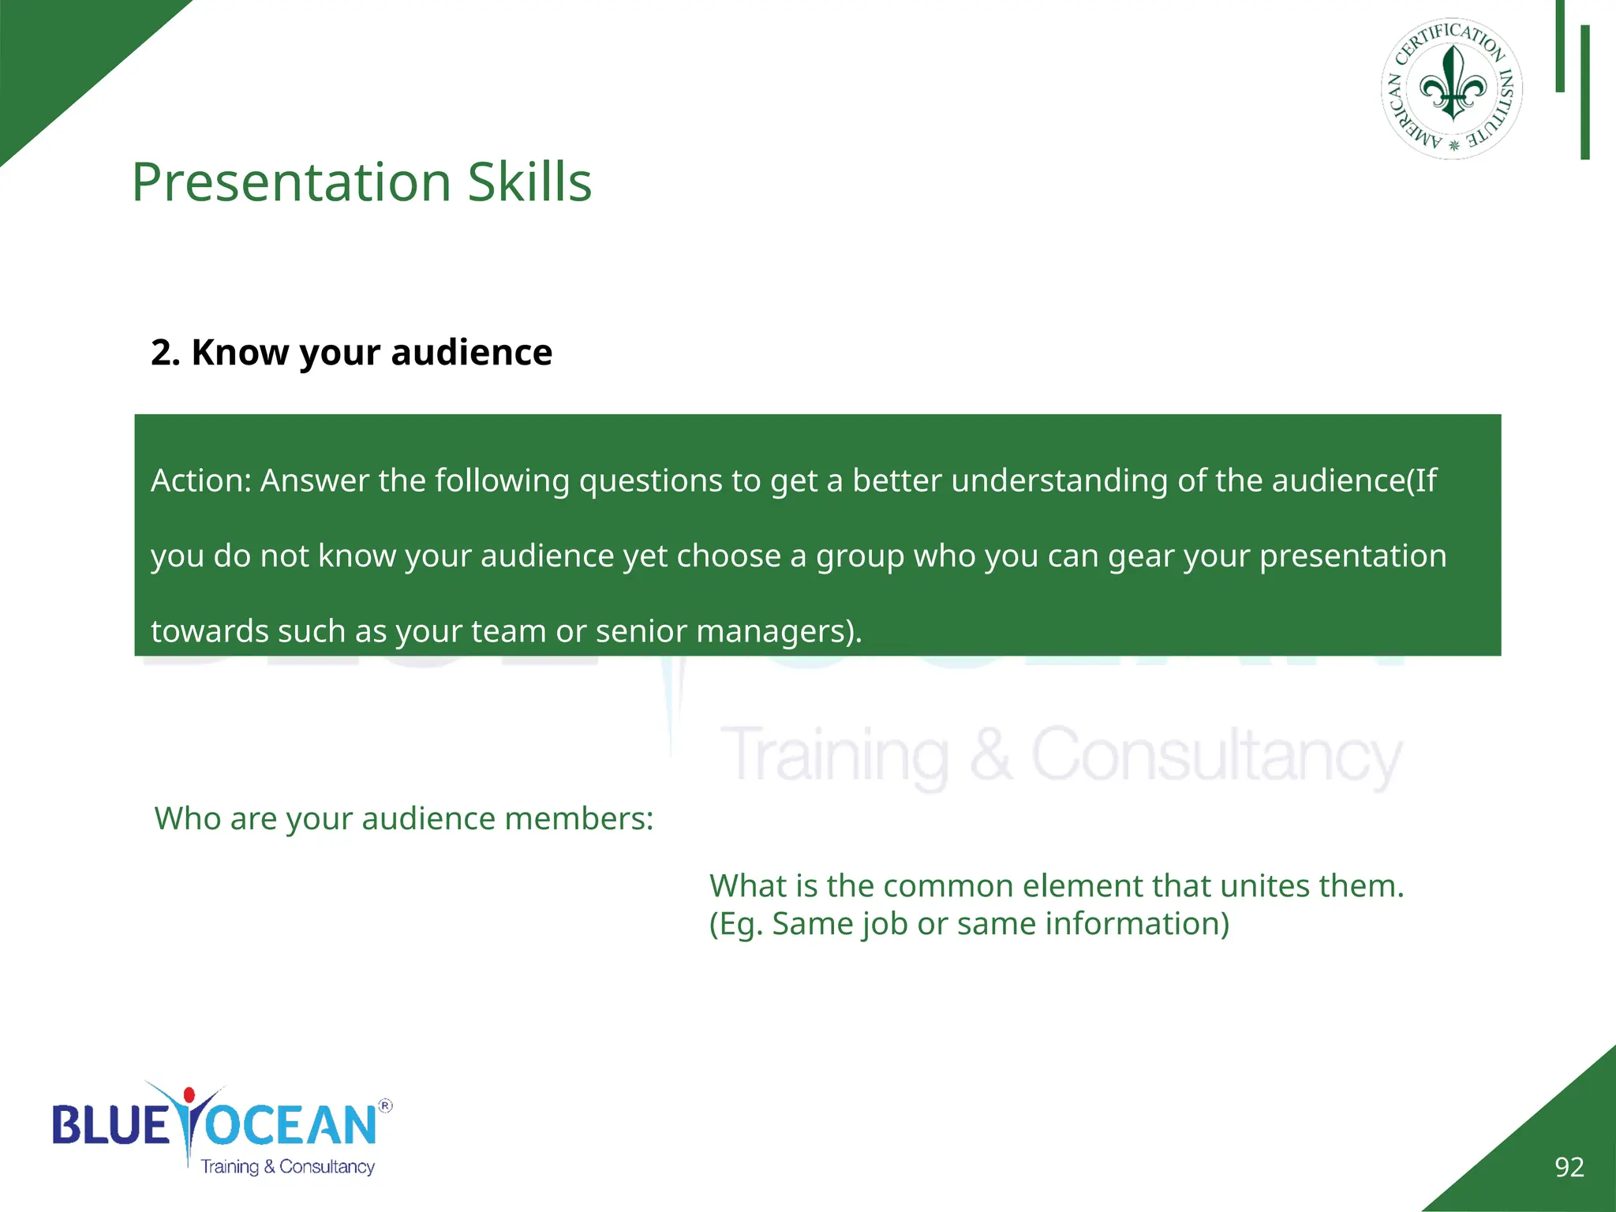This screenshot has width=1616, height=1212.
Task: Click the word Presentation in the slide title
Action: tap(291, 182)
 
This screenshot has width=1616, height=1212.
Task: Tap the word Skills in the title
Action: tap(529, 182)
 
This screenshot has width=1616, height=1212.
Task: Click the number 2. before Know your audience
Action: tap(166, 353)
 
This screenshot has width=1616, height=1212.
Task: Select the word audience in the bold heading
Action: tap(471, 353)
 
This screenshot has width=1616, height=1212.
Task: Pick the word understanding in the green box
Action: tap(1059, 481)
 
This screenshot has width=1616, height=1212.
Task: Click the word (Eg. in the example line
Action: tap(736, 924)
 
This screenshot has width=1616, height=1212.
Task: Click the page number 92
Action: tap(1569, 1167)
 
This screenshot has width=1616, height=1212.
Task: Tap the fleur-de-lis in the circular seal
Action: tap(1452, 84)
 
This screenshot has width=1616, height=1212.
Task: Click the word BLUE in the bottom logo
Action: tap(111, 1125)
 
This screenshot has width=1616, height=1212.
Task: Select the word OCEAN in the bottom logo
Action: tap(292, 1125)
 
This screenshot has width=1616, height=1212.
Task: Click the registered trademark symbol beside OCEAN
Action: tap(385, 1105)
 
